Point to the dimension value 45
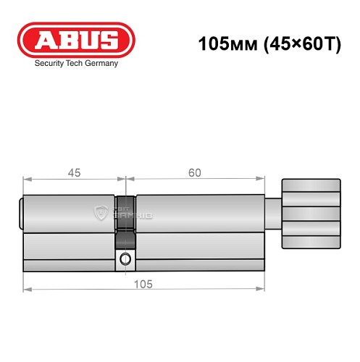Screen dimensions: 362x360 (73, 172)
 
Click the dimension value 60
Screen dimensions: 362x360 (194, 172)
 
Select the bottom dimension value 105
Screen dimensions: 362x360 (143, 285)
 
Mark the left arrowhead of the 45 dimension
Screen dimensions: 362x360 (27, 179)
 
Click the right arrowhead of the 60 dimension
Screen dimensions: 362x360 (259, 179)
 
